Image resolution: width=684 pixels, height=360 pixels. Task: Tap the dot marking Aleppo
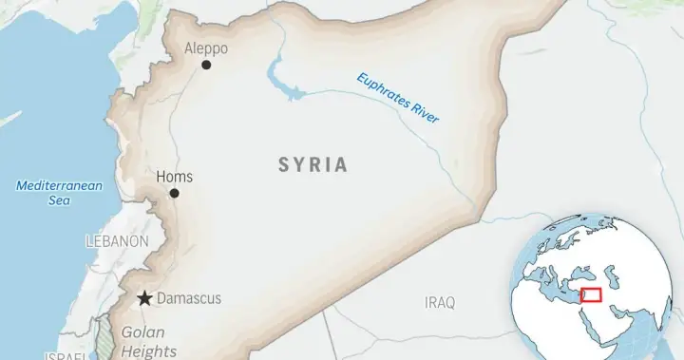tap(206, 65)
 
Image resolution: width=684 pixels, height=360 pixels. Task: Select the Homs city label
tap(174, 177)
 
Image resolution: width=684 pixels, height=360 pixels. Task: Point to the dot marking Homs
tap(174, 193)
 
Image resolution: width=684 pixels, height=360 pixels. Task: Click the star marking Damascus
tap(144, 298)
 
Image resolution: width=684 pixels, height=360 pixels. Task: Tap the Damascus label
tap(188, 298)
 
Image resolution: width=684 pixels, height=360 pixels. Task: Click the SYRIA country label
tap(313, 165)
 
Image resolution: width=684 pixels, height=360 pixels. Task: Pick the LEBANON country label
tap(117, 241)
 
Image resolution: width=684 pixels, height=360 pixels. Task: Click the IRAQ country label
tap(440, 302)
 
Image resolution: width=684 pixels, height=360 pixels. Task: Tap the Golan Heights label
tap(142, 341)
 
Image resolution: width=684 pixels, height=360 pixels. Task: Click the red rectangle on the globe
tap(590, 294)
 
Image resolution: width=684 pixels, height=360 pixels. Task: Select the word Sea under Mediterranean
tap(58, 201)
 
